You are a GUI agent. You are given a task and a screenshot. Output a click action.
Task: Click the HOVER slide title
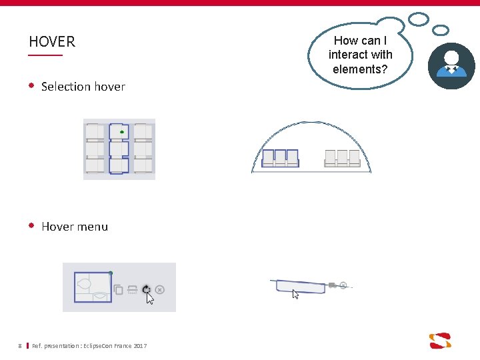(x=52, y=41)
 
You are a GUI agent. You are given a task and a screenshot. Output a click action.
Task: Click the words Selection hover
(x=83, y=87)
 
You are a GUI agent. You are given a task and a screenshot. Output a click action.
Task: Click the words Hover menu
(x=74, y=227)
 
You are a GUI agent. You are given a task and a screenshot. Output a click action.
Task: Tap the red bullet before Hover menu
(x=31, y=226)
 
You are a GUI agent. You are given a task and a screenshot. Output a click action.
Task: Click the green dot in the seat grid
(x=122, y=132)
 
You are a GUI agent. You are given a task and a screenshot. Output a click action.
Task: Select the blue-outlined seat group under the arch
(x=280, y=157)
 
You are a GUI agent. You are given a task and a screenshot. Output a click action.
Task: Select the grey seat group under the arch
(x=341, y=157)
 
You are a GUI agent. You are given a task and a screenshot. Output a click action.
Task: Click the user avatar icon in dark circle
(x=451, y=66)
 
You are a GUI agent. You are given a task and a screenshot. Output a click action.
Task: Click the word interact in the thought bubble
(x=360, y=55)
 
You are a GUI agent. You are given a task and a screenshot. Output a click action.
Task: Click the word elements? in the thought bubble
(x=360, y=69)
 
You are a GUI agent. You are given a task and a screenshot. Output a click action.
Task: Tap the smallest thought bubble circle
(x=441, y=30)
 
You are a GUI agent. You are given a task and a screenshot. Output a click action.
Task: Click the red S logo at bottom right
(x=440, y=340)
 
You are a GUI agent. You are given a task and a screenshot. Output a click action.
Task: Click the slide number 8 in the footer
(x=20, y=345)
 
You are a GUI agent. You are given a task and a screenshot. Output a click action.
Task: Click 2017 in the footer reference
(x=140, y=345)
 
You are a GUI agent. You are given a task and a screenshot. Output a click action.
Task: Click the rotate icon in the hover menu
(x=146, y=289)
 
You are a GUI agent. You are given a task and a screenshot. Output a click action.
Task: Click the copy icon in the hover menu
(x=119, y=289)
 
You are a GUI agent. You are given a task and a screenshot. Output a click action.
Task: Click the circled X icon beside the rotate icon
(x=160, y=289)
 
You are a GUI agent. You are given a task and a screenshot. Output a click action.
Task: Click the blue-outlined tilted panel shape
(x=301, y=287)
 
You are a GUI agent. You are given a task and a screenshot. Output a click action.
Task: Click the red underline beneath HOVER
(x=45, y=55)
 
